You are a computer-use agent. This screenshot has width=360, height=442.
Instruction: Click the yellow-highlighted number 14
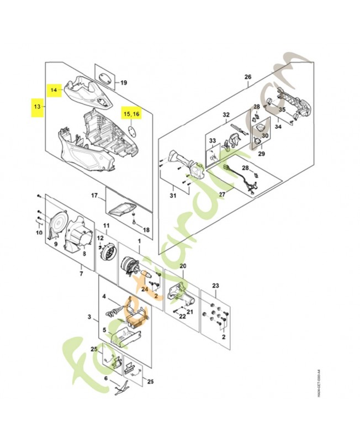54,89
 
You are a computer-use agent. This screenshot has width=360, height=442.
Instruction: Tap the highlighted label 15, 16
132,113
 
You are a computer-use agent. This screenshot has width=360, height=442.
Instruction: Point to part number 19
124,83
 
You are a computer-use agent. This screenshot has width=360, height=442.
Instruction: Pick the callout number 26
247,76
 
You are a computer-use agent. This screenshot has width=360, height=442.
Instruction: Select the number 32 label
225,115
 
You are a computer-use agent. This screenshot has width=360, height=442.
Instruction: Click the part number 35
282,110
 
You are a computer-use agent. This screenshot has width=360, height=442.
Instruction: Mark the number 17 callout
94,196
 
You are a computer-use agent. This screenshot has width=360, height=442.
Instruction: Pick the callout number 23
216,286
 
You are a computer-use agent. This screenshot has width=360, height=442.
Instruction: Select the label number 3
89,317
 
